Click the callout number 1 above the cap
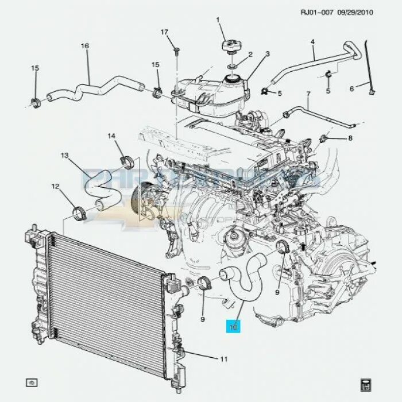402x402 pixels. (218, 21)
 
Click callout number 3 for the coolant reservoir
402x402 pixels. (267, 55)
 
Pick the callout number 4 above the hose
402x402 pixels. (312, 42)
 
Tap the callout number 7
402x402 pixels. (308, 94)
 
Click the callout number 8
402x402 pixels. (350, 138)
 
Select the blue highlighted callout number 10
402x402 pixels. (234, 327)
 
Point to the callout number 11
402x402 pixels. (223, 360)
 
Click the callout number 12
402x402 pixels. (55, 186)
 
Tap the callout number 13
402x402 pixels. (65, 156)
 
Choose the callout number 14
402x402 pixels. (112, 136)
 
